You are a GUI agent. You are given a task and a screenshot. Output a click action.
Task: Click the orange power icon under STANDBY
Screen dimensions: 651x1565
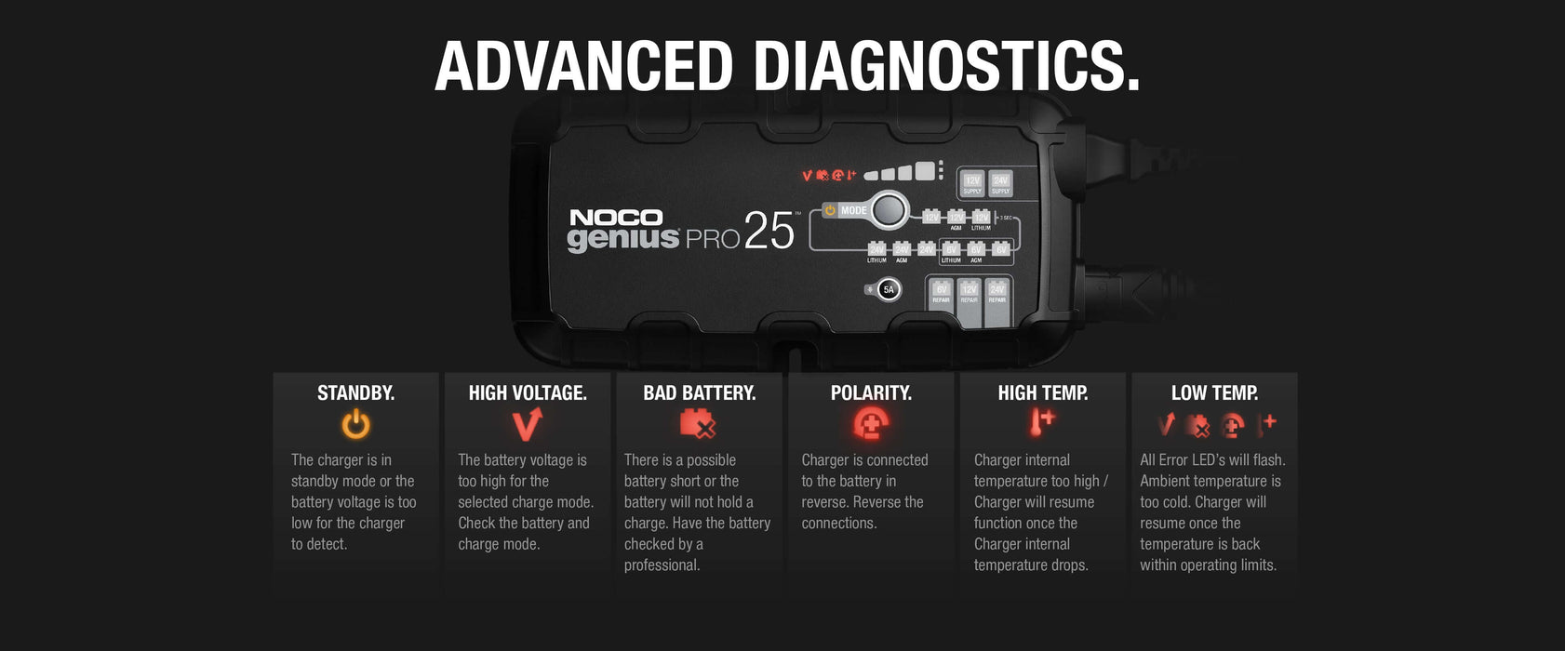[x=355, y=425]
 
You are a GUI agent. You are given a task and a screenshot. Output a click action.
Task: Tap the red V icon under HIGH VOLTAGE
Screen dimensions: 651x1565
[x=527, y=425]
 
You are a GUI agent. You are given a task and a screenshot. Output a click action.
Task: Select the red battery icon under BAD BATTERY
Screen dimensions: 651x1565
[x=698, y=425]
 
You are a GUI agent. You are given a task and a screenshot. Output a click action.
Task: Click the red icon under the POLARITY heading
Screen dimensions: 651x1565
[x=870, y=425]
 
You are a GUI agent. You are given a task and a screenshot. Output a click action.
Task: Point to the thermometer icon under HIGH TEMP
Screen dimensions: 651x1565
[x=1041, y=423]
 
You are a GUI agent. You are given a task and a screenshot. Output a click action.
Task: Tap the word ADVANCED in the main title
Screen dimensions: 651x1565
[x=584, y=66]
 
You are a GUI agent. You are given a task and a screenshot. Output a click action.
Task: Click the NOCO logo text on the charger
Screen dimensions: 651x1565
[x=616, y=218]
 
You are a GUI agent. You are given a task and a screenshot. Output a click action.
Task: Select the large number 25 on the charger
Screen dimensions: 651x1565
[x=769, y=232]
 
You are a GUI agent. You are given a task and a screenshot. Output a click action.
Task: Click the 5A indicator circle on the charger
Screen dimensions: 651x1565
[x=889, y=290]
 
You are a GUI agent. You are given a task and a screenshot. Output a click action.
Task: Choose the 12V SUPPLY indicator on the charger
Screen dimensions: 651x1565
[x=972, y=184]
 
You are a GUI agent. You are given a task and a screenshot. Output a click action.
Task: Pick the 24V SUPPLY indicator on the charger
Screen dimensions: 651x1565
[x=1000, y=184]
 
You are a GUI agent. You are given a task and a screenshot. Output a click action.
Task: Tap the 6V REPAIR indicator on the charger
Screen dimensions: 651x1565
[x=941, y=294]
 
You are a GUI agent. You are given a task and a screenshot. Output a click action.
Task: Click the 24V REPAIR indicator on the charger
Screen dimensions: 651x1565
[x=997, y=294]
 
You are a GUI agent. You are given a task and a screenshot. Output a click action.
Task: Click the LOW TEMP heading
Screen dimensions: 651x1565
[x=1214, y=393]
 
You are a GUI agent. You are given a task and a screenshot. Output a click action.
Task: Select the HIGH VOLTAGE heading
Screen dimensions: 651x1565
[x=528, y=393]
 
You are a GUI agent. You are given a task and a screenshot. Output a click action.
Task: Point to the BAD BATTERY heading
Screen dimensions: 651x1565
[x=699, y=393]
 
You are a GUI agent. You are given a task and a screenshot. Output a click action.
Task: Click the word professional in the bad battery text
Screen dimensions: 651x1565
[x=662, y=565]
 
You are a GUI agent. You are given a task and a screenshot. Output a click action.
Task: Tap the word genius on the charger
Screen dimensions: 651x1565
[x=623, y=239]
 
